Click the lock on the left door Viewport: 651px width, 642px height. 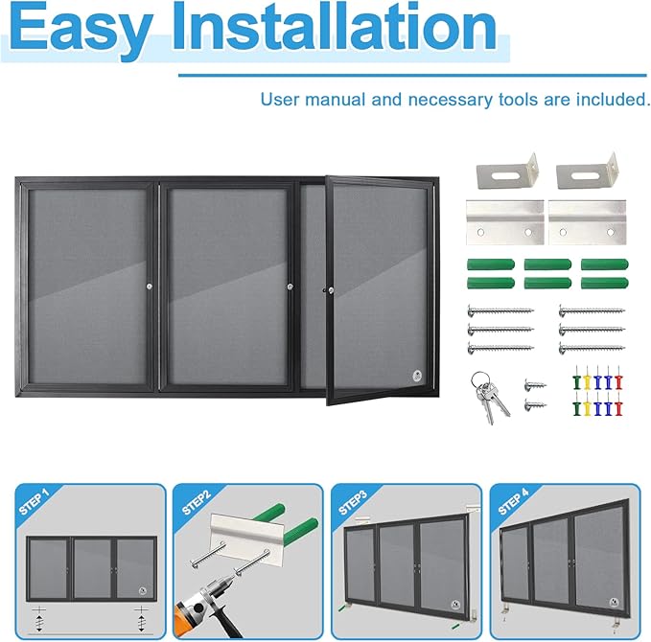click(149, 287)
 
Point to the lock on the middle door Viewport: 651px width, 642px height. click(290, 287)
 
